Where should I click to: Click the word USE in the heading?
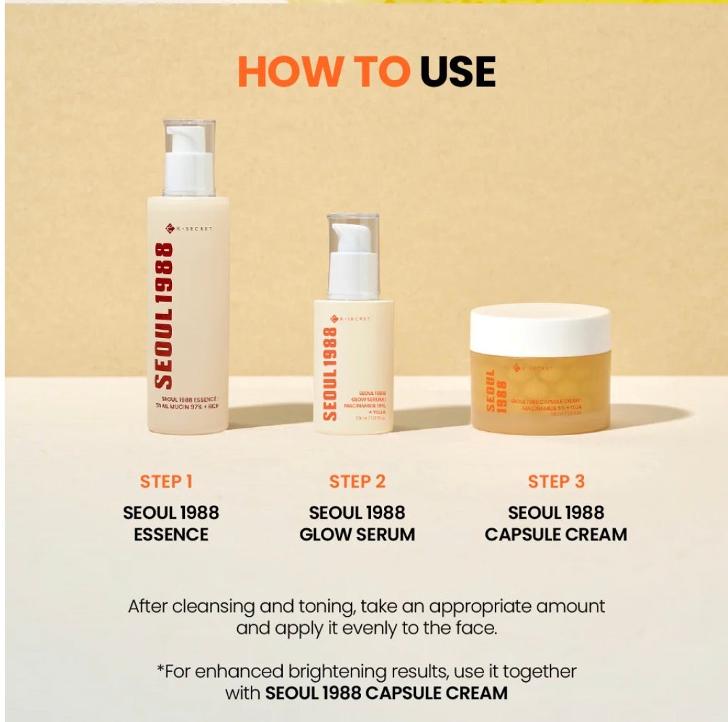(x=457, y=72)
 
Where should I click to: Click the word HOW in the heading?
(x=281, y=72)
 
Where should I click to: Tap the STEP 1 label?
(x=167, y=482)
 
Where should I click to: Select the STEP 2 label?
(x=357, y=482)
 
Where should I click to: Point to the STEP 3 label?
(x=556, y=482)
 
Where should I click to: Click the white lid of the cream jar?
(x=540, y=330)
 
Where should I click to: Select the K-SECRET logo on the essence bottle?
(x=188, y=229)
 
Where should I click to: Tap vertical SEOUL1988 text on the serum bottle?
(x=329, y=373)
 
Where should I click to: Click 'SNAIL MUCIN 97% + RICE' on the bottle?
(x=188, y=411)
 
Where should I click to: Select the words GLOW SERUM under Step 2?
(x=357, y=534)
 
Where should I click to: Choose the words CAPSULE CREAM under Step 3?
(x=556, y=534)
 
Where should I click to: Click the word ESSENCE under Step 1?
(x=171, y=534)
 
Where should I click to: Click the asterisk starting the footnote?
(x=160, y=670)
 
